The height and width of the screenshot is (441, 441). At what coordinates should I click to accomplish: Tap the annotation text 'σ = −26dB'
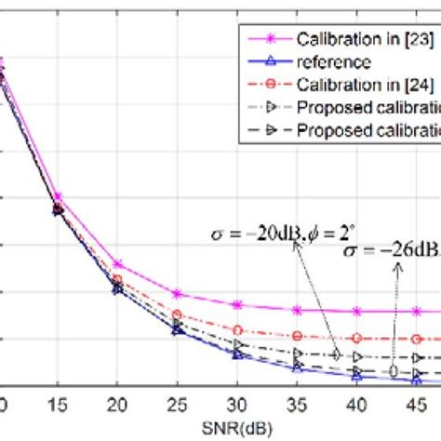pos(392,251)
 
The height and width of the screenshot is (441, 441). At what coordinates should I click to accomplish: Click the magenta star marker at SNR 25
pos(177,293)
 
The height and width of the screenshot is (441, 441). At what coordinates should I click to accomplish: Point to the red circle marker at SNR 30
pos(236,330)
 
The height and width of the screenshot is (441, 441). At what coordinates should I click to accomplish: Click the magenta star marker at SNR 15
pos(58,197)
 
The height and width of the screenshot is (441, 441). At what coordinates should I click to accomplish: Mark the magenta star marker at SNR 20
pos(117,264)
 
